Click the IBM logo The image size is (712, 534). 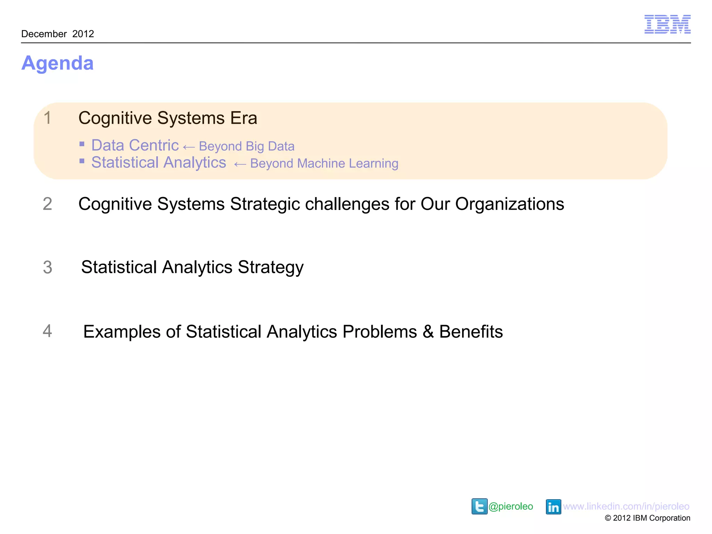point(667,24)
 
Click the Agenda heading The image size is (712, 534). point(57,63)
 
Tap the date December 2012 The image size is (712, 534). point(58,34)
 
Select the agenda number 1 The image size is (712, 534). point(48,118)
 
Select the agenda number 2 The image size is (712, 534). point(48,204)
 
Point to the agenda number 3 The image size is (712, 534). point(48,267)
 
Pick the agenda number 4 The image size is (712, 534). point(48,331)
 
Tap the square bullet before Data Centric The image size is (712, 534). point(82,144)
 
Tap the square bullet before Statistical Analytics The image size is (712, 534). point(82,161)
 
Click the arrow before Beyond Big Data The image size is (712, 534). point(189,147)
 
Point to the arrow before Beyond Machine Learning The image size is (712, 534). point(240,164)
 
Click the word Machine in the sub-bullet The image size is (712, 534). point(321,163)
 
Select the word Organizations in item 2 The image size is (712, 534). point(510,204)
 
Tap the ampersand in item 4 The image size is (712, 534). point(428,332)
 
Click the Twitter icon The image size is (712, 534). point(479,506)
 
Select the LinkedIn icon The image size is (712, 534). point(553,507)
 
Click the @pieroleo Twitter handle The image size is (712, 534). point(511,507)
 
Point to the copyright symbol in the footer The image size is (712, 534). point(608,518)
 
